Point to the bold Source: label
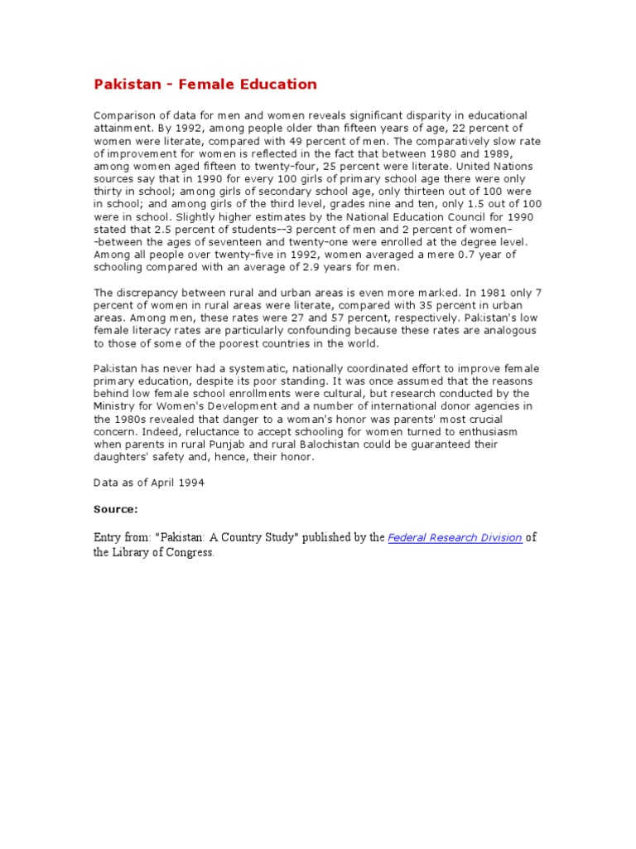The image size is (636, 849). pyautogui.click(x=115, y=508)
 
